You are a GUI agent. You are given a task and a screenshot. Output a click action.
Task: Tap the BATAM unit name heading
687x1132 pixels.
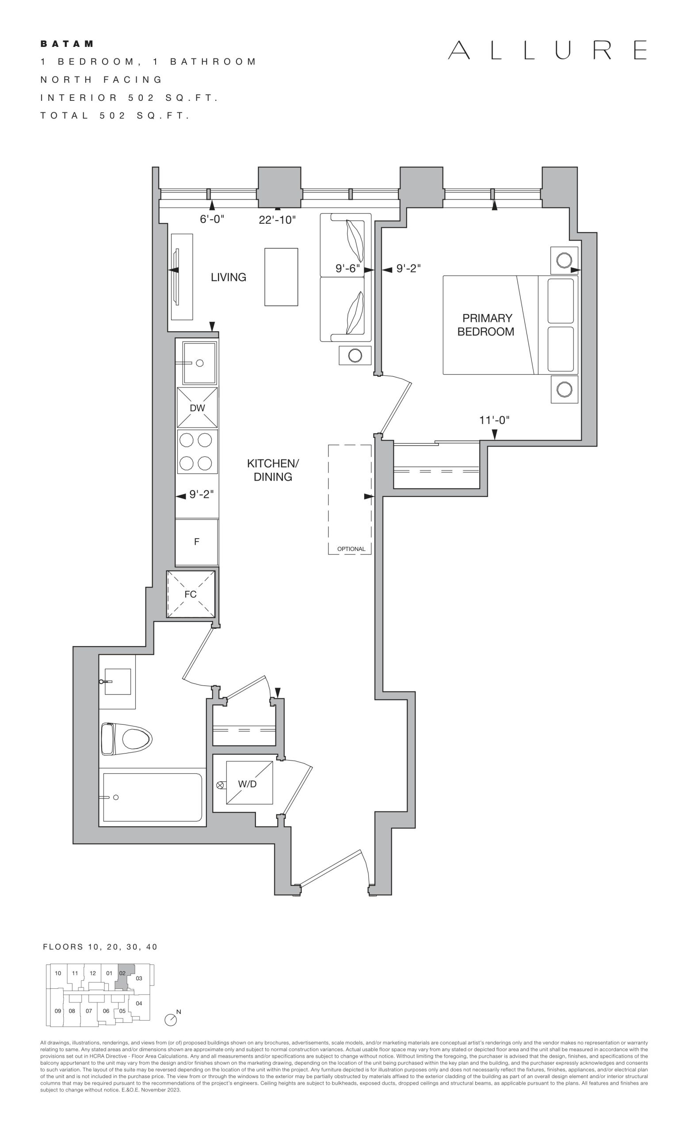click(67, 44)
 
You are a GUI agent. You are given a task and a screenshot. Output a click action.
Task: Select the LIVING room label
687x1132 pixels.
click(228, 277)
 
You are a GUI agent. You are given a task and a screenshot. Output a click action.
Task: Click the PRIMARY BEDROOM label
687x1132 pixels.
click(486, 325)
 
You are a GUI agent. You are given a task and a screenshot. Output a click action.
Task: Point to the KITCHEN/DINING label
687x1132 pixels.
click(273, 470)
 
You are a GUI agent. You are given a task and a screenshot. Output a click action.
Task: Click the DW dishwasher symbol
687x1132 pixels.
click(198, 408)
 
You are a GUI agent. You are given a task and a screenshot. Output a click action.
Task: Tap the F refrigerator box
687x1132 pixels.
click(197, 542)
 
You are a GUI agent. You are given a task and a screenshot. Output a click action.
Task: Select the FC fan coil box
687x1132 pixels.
click(191, 594)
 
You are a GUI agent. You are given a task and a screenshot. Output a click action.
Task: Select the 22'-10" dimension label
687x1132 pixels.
click(277, 220)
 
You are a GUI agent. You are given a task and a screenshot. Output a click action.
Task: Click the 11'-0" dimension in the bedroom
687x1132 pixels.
click(495, 420)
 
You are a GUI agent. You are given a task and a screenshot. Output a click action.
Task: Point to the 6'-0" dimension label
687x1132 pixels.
click(212, 219)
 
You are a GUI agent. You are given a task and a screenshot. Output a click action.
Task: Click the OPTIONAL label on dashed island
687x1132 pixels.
click(351, 549)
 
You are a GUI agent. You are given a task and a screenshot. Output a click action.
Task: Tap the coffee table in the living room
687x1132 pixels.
click(281, 277)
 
